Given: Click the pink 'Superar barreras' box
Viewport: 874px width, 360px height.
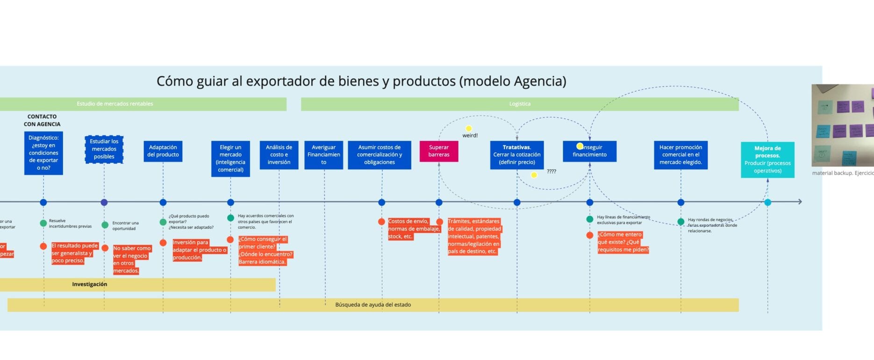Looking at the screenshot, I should [438, 151].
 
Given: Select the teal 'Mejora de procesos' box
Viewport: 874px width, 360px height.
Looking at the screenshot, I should [767, 159].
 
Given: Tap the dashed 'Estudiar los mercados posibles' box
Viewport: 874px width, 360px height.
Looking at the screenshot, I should [104, 149].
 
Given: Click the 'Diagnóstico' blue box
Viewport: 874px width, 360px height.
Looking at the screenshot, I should [43, 153].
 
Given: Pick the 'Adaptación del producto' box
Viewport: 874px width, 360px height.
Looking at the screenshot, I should [163, 151].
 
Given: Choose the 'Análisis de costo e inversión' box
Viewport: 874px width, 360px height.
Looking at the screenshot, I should [279, 155].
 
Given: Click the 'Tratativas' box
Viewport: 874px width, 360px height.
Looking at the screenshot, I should [516, 155].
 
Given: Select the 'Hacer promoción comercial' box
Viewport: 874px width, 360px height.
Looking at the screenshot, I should [680, 155].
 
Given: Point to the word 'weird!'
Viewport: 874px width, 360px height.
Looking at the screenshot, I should [470, 136].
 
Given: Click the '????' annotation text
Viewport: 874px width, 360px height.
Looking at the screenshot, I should [552, 172].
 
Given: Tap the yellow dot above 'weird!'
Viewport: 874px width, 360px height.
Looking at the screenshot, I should [468, 128].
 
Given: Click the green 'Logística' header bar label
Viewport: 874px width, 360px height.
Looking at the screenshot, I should [519, 104].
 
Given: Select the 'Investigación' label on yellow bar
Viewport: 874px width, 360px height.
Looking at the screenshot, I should [89, 284].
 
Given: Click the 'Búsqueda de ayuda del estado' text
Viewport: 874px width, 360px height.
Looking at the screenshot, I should [373, 305].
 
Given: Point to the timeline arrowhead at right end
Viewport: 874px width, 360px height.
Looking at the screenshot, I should [800, 202].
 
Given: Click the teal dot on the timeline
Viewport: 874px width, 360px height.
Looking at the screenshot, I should [767, 202].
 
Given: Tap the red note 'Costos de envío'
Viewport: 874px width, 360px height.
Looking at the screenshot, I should [413, 229].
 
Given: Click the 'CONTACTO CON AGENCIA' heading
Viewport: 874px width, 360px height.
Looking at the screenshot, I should [42, 120].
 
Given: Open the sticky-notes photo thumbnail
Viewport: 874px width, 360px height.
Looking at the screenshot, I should [843, 125].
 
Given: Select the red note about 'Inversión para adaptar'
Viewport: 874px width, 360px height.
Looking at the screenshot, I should [199, 250].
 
